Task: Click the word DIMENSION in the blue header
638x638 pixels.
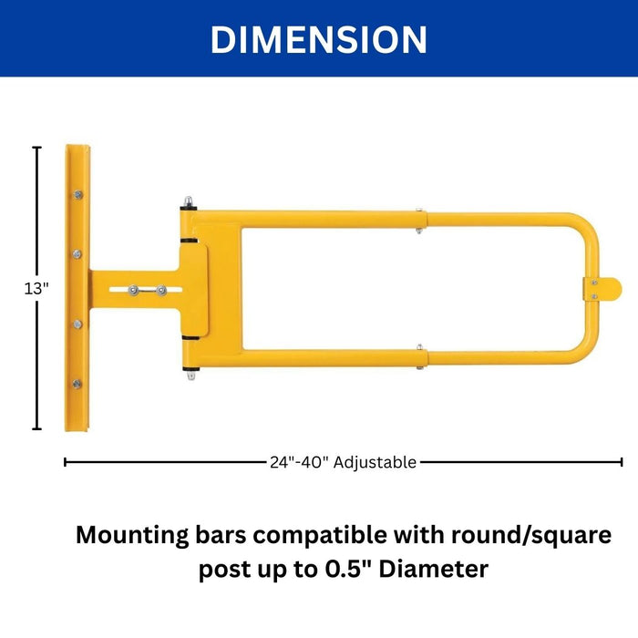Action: coord(318,39)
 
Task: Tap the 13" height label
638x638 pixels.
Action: coord(37,287)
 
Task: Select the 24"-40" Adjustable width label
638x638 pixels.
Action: coord(343,462)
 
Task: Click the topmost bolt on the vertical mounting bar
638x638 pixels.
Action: coord(77,195)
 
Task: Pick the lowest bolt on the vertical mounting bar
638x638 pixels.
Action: coord(77,384)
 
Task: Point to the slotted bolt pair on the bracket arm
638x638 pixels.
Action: coord(147,290)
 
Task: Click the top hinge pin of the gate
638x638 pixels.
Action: coord(188,203)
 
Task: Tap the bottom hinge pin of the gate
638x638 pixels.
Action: coord(190,372)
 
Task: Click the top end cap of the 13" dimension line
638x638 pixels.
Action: coord(37,147)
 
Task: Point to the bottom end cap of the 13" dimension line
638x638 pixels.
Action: coord(37,428)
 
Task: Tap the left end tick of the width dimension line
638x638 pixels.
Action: coord(66,462)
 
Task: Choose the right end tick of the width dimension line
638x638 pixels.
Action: coord(622,462)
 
